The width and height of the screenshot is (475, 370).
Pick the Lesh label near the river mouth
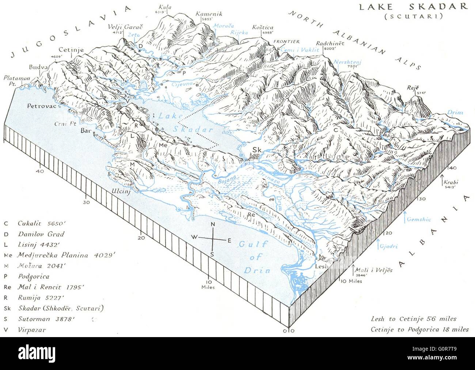point(321,266)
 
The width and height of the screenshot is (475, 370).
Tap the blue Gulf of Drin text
point(255,257)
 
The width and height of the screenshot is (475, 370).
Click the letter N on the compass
point(213,225)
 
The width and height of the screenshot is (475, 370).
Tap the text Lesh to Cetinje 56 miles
point(413,319)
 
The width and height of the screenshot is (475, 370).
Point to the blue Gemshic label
point(419,219)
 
